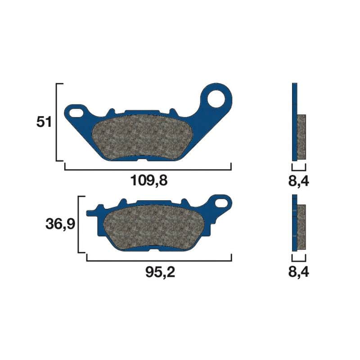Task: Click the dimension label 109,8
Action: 148,181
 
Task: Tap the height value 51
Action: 44,122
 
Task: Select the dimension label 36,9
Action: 60,224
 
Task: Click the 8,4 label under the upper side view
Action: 299,181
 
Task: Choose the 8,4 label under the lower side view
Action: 299,272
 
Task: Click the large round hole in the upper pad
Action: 217,99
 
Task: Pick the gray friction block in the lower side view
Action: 301,227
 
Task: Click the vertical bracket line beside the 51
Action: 57,122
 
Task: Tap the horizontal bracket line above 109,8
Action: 148,170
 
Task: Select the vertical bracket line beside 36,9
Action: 79,224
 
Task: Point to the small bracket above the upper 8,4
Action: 299,169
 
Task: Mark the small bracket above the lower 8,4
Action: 299,260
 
